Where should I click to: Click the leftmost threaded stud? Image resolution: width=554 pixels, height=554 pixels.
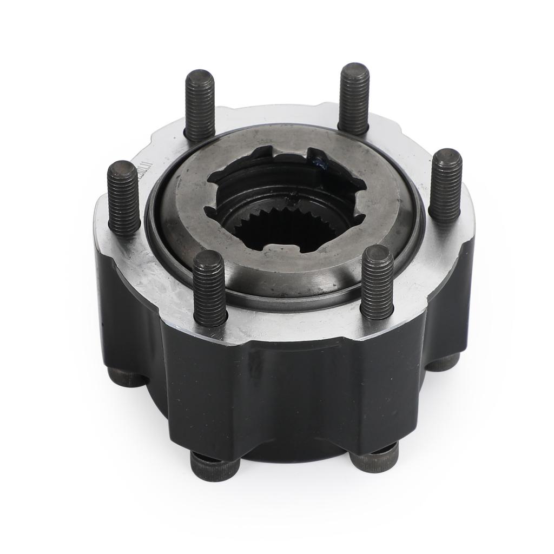coord(123,197)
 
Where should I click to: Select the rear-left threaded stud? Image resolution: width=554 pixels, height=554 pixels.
coord(200,105)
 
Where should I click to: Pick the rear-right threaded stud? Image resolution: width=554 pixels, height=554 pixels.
coord(354,98)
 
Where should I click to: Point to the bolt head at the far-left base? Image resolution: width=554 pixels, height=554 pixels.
coord(126,376)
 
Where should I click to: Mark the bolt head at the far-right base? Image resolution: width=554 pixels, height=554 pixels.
coord(444,361)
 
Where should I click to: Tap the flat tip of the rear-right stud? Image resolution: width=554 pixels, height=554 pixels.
coord(354,70)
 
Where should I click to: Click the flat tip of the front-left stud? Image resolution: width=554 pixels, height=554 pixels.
coord(208,258)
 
